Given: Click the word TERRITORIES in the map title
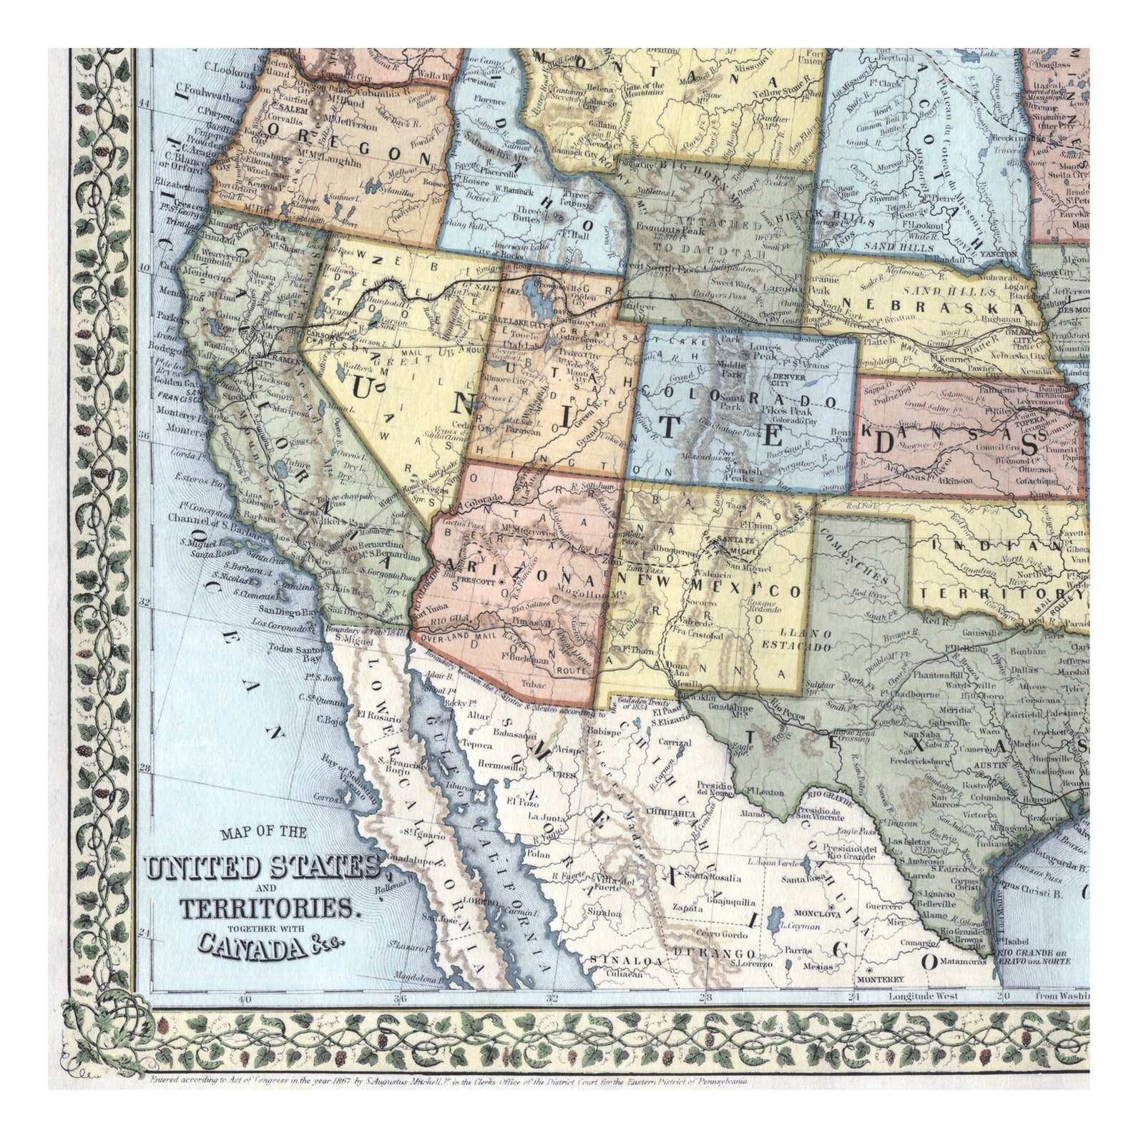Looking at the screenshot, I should point(267,910).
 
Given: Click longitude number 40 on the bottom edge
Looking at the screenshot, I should point(245,999).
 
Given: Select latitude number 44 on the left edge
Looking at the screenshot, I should point(144,103).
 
